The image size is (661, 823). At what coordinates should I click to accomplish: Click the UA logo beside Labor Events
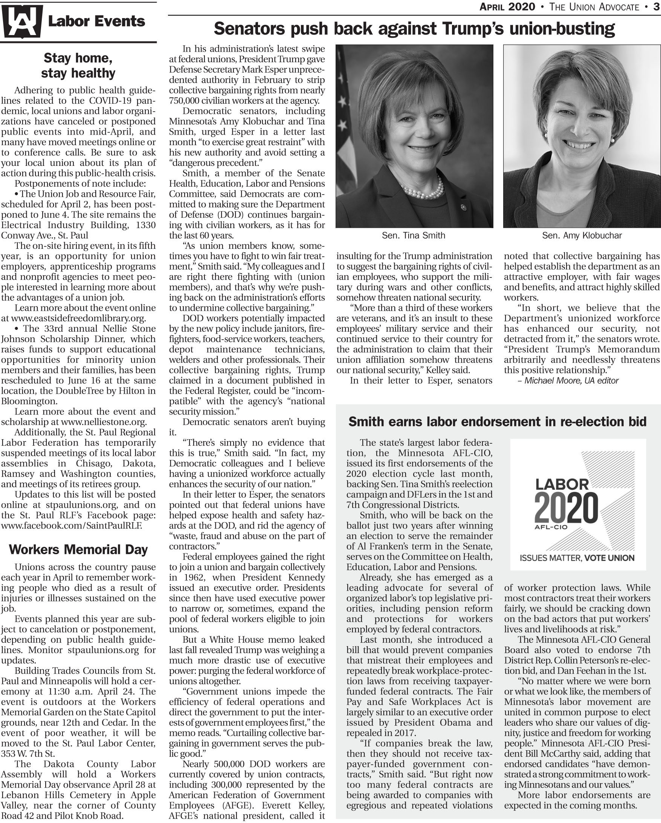(x=21, y=22)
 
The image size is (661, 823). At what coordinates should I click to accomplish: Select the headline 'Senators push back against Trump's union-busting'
(x=414, y=29)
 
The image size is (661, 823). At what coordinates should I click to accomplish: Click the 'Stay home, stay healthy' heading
(x=78, y=65)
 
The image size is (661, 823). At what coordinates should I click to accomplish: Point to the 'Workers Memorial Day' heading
(x=78, y=549)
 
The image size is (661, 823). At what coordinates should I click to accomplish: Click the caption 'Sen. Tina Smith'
(x=414, y=236)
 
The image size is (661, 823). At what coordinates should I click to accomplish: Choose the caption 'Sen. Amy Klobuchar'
(x=582, y=236)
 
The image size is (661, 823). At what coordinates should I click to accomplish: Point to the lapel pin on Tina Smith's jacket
(x=464, y=208)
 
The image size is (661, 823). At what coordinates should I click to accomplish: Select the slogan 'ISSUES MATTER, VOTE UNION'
(x=577, y=558)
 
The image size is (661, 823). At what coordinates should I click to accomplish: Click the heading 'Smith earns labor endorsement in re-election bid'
(x=498, y=421)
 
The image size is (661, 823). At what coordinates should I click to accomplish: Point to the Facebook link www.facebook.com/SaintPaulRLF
(x=72, y=526)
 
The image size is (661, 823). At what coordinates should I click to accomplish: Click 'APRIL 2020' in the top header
(x=507, y=7)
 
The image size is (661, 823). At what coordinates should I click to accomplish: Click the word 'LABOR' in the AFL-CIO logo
(x=562, y=485)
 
